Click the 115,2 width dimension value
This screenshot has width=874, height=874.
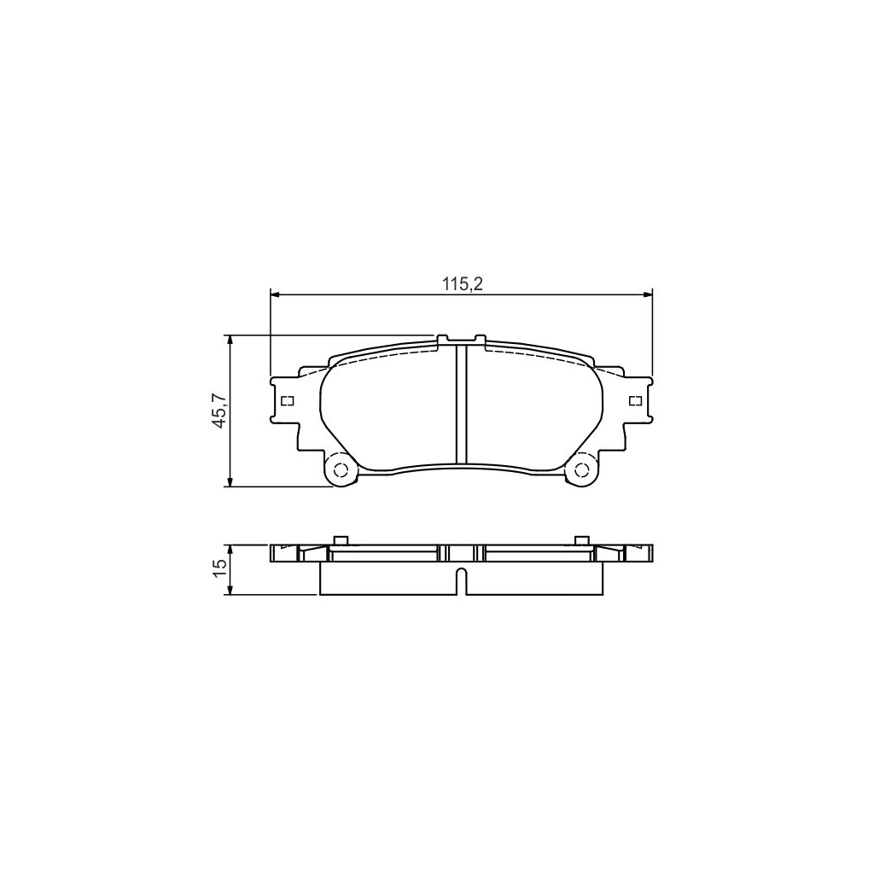pos(462,285)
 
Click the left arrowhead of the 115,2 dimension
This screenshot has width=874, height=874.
pos(275,294)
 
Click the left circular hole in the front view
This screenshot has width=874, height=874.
pos(341,469)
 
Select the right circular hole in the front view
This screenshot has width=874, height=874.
pos(582,469)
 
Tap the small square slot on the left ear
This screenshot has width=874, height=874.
pos(288,400)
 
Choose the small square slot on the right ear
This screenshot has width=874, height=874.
pos(634,400)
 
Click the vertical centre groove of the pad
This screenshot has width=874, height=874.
pos(461,405)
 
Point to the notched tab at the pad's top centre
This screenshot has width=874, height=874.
pos(461,340)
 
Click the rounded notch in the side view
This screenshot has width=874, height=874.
pos(461,579)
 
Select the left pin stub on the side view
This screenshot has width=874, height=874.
pos(340,539)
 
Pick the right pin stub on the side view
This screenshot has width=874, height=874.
pos(581,539)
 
